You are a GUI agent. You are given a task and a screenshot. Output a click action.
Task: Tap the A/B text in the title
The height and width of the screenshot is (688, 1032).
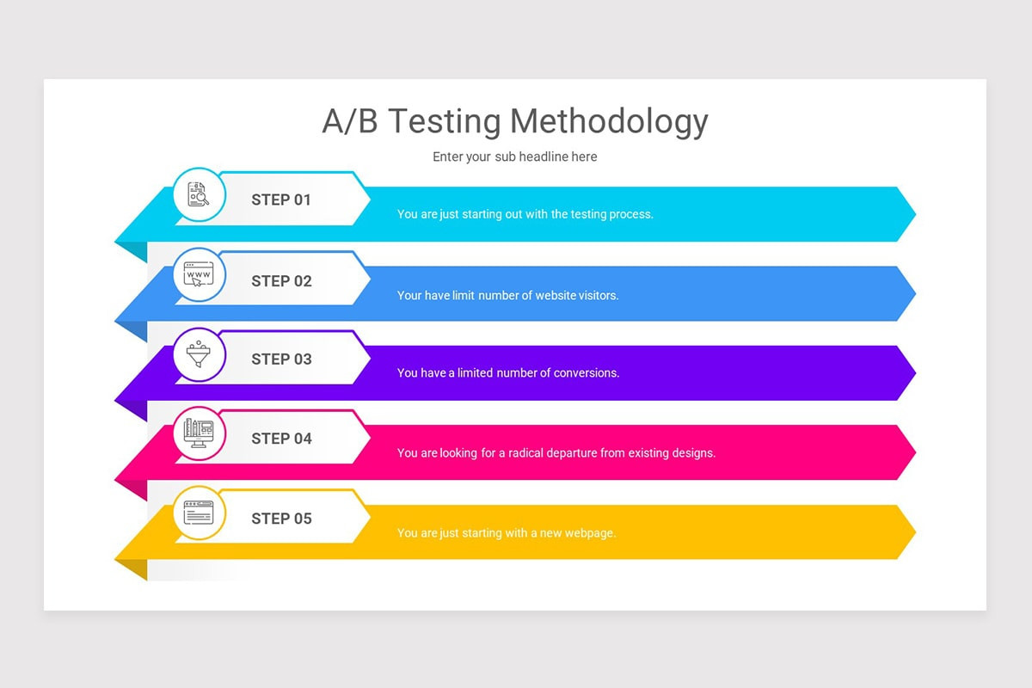(x=349, y=122)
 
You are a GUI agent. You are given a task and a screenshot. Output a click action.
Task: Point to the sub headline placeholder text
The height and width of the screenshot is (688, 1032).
(x=514, y=157)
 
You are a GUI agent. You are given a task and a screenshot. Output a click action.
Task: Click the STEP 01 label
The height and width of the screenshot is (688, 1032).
(x=281, y=200)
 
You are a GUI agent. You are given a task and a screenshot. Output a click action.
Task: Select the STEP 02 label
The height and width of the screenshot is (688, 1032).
(x=281, y=280)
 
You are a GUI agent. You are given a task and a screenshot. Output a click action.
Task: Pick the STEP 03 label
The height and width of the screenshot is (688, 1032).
(x=281, y=359)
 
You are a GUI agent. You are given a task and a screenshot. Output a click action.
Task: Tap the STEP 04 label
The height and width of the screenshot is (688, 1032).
(x=281, y=439)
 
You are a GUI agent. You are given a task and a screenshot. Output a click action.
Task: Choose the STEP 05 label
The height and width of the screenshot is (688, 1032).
(x=281, y=519)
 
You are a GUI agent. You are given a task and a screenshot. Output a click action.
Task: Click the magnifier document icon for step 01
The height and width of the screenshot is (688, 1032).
(x=199, y=194)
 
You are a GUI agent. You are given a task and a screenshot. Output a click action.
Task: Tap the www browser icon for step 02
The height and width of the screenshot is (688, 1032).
(x=199, y=275)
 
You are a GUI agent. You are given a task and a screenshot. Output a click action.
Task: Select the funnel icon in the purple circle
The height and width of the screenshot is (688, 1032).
(x=199, y=354)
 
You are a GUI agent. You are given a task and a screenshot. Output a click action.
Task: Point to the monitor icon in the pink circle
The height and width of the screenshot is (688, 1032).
(x=199, y=433)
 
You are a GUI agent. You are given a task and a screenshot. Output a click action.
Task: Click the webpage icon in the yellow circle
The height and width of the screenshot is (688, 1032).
(x=199, y=513)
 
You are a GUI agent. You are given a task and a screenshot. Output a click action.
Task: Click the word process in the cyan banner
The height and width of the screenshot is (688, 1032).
(x=630, y=214)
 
